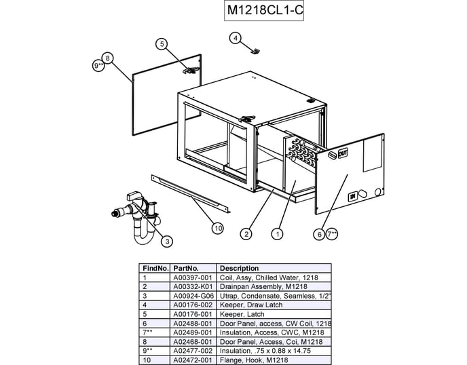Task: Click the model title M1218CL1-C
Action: [265, 12]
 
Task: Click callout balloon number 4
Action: [235, 38]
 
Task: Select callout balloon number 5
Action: [162, 44]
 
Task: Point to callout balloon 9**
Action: [99, 66]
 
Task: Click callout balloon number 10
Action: [217, 229]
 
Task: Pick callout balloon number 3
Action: [167, 240]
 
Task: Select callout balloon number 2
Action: [246, 233]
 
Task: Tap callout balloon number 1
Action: [277, 233]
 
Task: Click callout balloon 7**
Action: [332, 234]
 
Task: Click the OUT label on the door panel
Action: [342, 153]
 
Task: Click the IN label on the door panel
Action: [353, 197]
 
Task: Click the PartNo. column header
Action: [185, 269]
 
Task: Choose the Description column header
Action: [240, 269]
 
